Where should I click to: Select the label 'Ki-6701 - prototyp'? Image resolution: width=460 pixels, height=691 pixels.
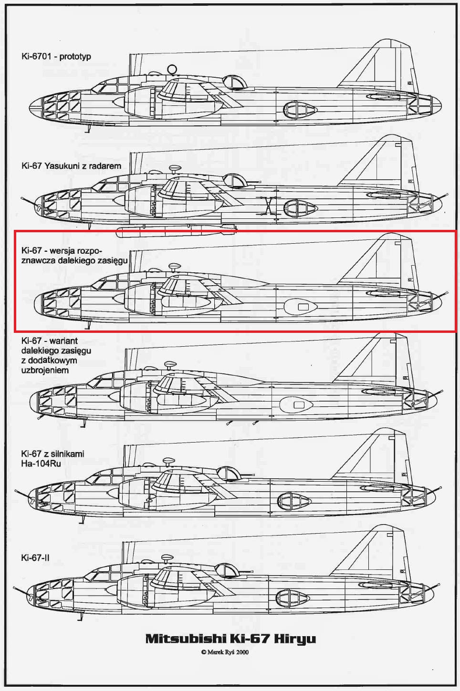coord(56,57)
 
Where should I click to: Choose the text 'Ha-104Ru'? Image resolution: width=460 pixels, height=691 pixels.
coord(41,464)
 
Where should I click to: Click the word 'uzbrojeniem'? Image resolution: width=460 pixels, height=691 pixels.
coord(45,370)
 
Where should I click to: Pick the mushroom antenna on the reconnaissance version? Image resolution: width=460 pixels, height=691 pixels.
coord(175,267)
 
